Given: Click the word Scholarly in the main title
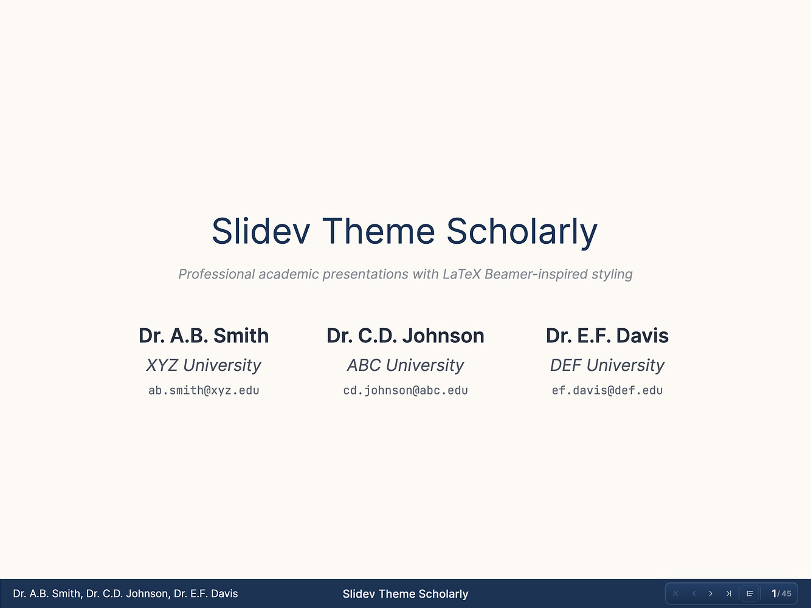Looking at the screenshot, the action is point(522,232).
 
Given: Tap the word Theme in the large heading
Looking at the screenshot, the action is point(378,231).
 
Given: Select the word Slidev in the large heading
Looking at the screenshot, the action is point(261,231).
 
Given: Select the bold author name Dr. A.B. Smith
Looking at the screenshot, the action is point(204,336).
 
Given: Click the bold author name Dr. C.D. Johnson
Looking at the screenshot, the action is point(406,336).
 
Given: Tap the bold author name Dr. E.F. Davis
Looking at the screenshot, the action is point(607,336).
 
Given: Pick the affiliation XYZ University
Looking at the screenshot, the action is point(204,365).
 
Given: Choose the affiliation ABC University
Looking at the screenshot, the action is point(406,365).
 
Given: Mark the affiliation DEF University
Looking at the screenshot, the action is point(607,365).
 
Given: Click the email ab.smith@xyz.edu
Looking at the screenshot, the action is point(204,390).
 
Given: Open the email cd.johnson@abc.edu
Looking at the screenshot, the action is point(406,390).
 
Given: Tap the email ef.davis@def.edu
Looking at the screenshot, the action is point(607,390).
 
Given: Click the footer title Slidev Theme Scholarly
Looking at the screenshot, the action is point(406,593).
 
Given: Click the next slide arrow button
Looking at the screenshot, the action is point(711,593).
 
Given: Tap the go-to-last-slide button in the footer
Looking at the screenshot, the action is point(728,593).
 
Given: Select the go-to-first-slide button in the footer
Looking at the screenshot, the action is point(676,593).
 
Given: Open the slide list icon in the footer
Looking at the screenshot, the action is point(750,593).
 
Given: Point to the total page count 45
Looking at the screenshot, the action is point(786,593).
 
